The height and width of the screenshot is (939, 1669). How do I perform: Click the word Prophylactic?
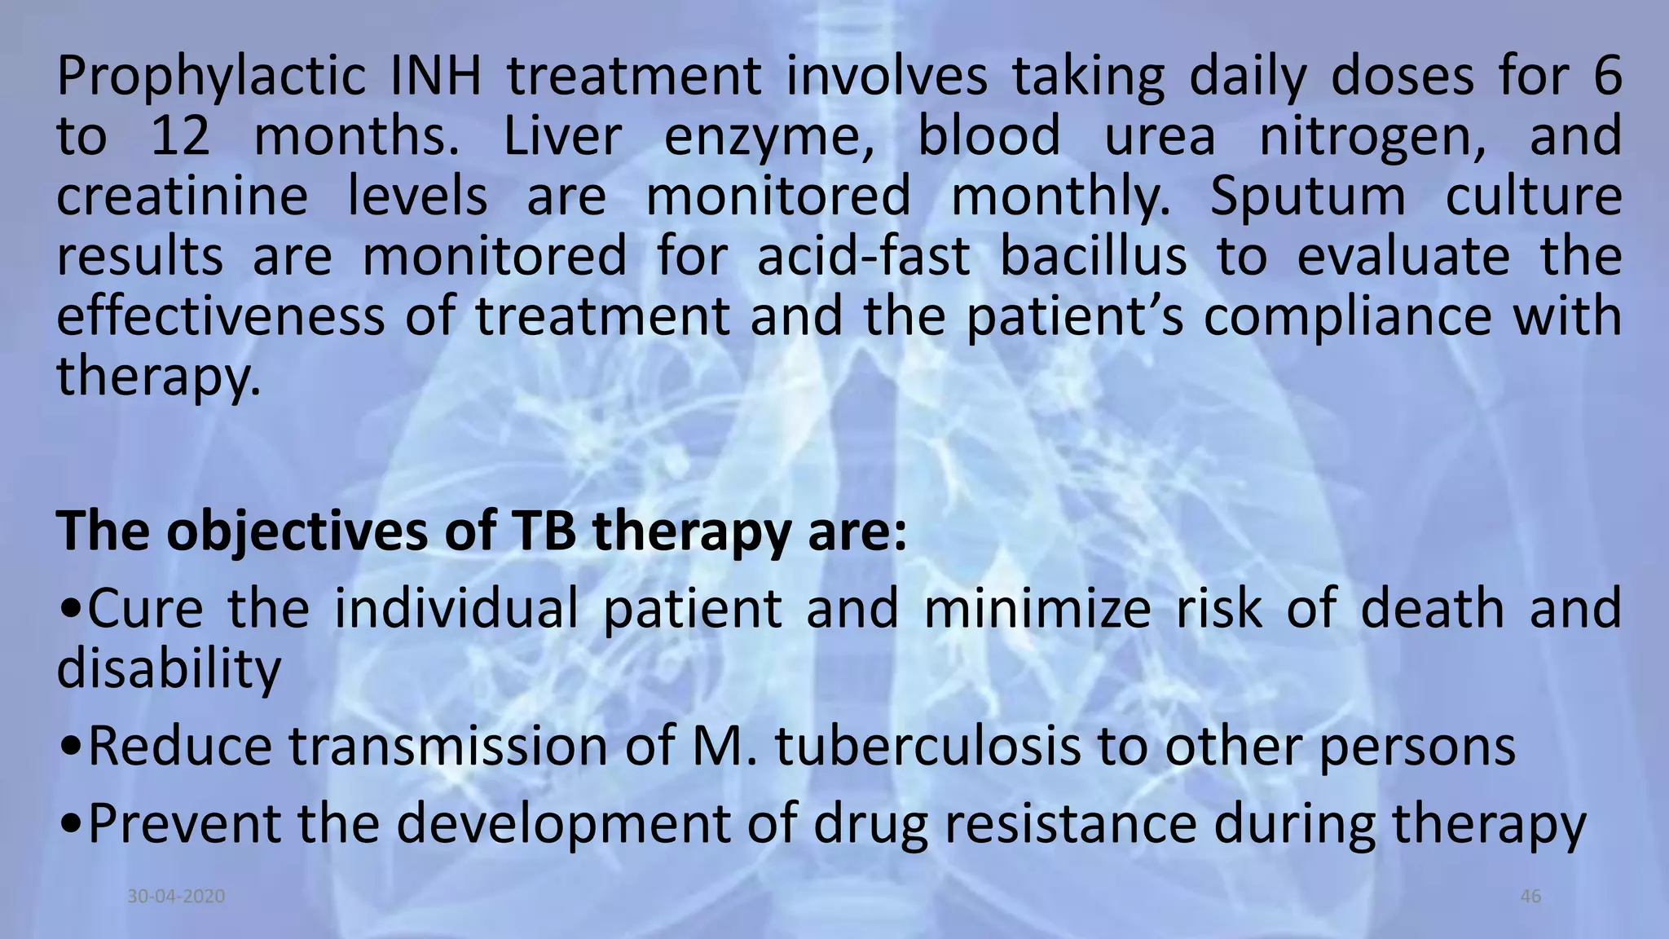(x=211, y=77)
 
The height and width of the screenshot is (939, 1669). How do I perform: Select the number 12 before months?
(x=180, y=136)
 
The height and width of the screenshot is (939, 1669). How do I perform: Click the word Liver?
(x=562, y=136)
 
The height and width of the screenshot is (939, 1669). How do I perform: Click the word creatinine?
(x=182, y=196)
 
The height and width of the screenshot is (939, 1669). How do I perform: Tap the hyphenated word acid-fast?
(x=863, y=257)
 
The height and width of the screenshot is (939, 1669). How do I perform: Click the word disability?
(x=169, y=670)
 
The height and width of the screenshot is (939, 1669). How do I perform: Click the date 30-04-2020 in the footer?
(x=176, y=897)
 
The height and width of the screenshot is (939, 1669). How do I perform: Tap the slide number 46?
(x=1530, y=897)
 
